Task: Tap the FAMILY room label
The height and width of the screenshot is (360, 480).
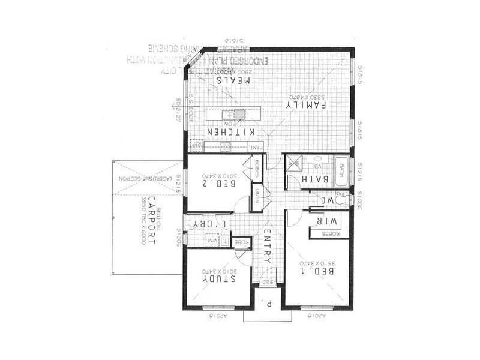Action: pos(307,104)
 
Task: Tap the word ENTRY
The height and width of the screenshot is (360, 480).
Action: pos(268,245)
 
